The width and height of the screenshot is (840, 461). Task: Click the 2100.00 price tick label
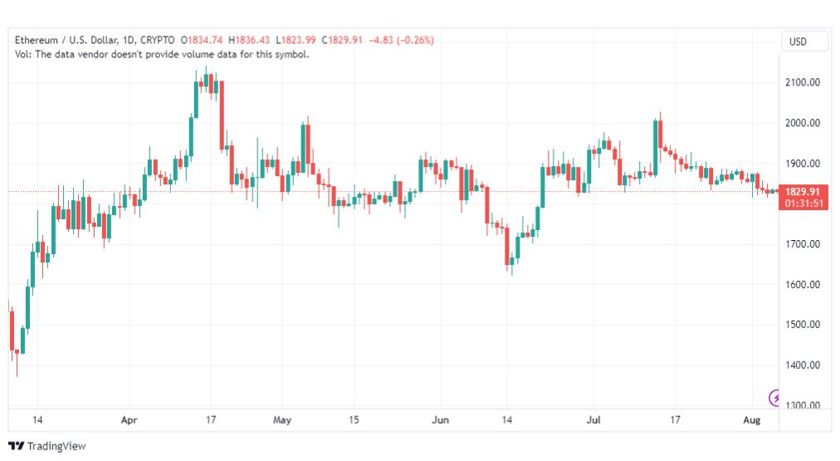(803, 82)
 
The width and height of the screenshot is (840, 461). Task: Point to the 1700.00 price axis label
(803, 244)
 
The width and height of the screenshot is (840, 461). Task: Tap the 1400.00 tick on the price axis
(803, 365)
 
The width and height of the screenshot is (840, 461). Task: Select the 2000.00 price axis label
(803, 123)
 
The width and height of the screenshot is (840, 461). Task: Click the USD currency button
(798, 42)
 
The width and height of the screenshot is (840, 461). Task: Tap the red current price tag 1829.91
(803, 192)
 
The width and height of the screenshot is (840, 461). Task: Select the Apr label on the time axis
(129, 419)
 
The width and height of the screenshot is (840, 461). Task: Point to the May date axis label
(281, 419)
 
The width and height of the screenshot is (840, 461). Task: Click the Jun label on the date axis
(441, 419)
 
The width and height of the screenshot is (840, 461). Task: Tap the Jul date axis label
(593, 419)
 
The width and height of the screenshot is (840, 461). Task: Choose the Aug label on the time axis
(752, 419)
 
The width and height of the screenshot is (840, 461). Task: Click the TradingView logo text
(56, 446)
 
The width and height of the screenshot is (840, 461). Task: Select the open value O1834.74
(202, 40)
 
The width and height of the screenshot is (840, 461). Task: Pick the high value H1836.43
(249, 40)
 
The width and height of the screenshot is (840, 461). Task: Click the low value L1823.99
(295, 40)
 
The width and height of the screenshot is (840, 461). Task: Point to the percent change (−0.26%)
(415, 40)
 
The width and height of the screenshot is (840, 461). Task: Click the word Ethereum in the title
(36, 40)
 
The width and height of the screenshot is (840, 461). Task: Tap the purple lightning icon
(774, 398)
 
